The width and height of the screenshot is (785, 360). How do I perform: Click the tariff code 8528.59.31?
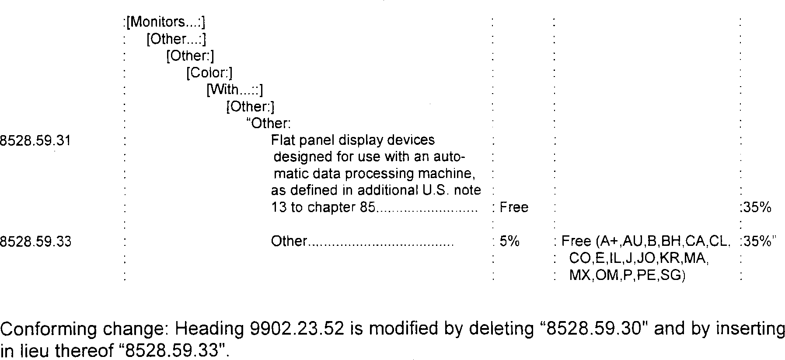pos(35,141)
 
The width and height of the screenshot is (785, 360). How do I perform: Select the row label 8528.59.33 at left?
pos(35,241)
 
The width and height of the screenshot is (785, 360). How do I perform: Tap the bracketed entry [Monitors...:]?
pos(165,22)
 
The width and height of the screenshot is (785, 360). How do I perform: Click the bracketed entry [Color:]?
pos(209,73)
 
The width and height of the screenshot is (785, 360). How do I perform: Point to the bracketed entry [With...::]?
pos(234,90)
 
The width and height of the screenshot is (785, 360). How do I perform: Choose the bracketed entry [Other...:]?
pos(176,39)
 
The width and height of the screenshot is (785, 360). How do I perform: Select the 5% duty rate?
pos(509,241)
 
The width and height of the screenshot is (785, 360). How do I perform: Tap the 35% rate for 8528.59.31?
pos(757,207)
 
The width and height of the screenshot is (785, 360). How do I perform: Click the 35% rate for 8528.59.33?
pos(757,241)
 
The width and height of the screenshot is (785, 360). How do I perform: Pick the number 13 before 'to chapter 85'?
pos(278,207)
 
